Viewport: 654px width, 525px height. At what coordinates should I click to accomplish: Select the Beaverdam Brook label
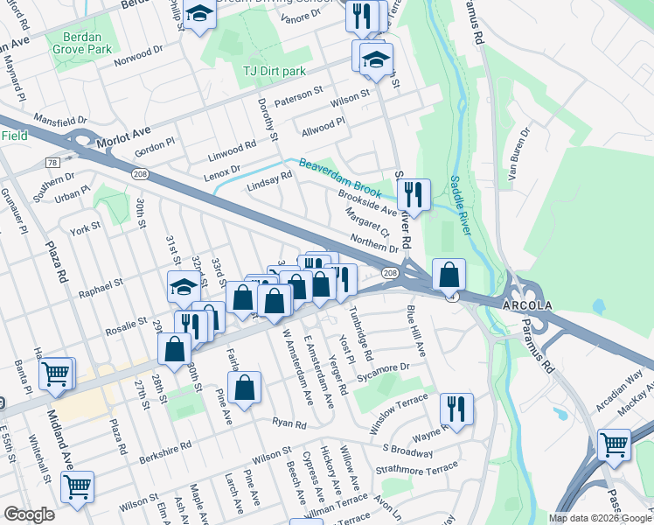point(341,175)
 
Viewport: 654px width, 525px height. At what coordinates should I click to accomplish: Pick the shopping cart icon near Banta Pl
point(55,374)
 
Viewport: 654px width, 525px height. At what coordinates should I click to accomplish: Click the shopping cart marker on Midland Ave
point(78,486)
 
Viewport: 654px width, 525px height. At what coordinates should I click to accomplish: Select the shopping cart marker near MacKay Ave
point(614,444)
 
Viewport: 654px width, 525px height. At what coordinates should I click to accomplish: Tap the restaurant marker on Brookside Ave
point(414,194)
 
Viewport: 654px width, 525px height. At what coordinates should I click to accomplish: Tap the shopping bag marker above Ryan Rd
point(246,387)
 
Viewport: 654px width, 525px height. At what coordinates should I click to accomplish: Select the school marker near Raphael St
point(184,285)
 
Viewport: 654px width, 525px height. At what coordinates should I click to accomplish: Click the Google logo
point(29,514)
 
